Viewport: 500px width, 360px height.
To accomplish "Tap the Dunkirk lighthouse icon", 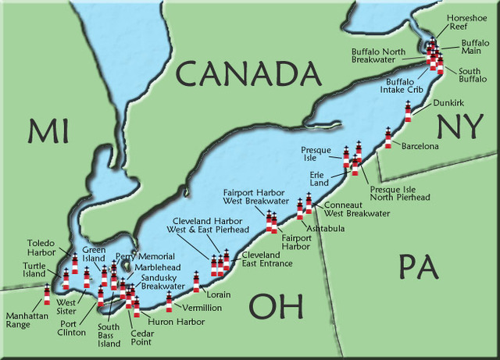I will click(x=408, y=112).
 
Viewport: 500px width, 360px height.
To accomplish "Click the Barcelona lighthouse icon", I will click(x=388, y=139).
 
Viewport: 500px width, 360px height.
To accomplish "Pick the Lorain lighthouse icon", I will click(x=196, y=282).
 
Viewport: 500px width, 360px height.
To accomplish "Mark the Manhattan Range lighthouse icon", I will click(x=47, y=295).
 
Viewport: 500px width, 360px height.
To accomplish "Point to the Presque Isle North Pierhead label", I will click(x=399, y=193).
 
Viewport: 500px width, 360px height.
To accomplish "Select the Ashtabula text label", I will click(x=323, y=228).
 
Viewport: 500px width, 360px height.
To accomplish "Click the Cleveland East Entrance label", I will click(x=266, y=259).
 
